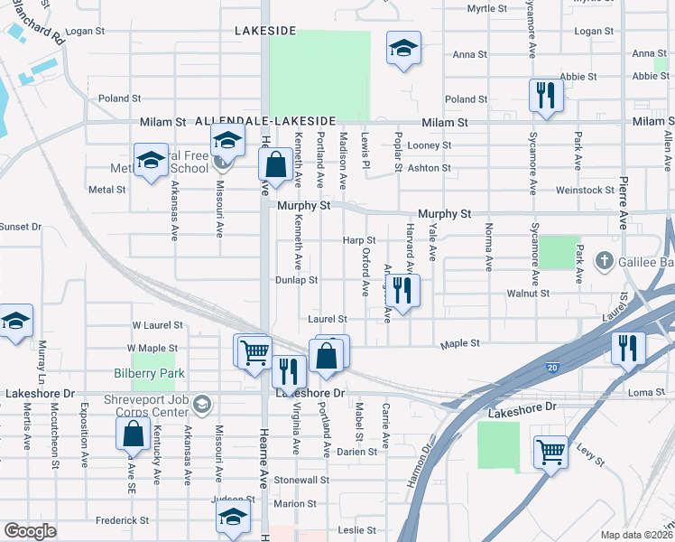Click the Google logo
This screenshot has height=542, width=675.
tap(30, 531)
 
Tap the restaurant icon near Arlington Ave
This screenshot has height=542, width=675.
tap(403, 291)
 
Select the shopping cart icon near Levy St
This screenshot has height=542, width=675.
tap(550, 451)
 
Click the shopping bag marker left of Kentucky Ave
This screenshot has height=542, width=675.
tap(133, 434)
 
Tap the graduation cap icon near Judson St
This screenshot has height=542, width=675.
tap(233, 519)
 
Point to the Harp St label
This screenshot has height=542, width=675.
tap(358, 239)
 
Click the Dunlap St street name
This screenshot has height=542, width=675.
tap(297, 280)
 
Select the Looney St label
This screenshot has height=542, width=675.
tap(429, 145)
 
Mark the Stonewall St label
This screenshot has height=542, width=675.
tap(297, 481)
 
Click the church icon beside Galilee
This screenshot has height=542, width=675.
tap(606, 263)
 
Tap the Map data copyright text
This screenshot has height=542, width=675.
tap(636, 535)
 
